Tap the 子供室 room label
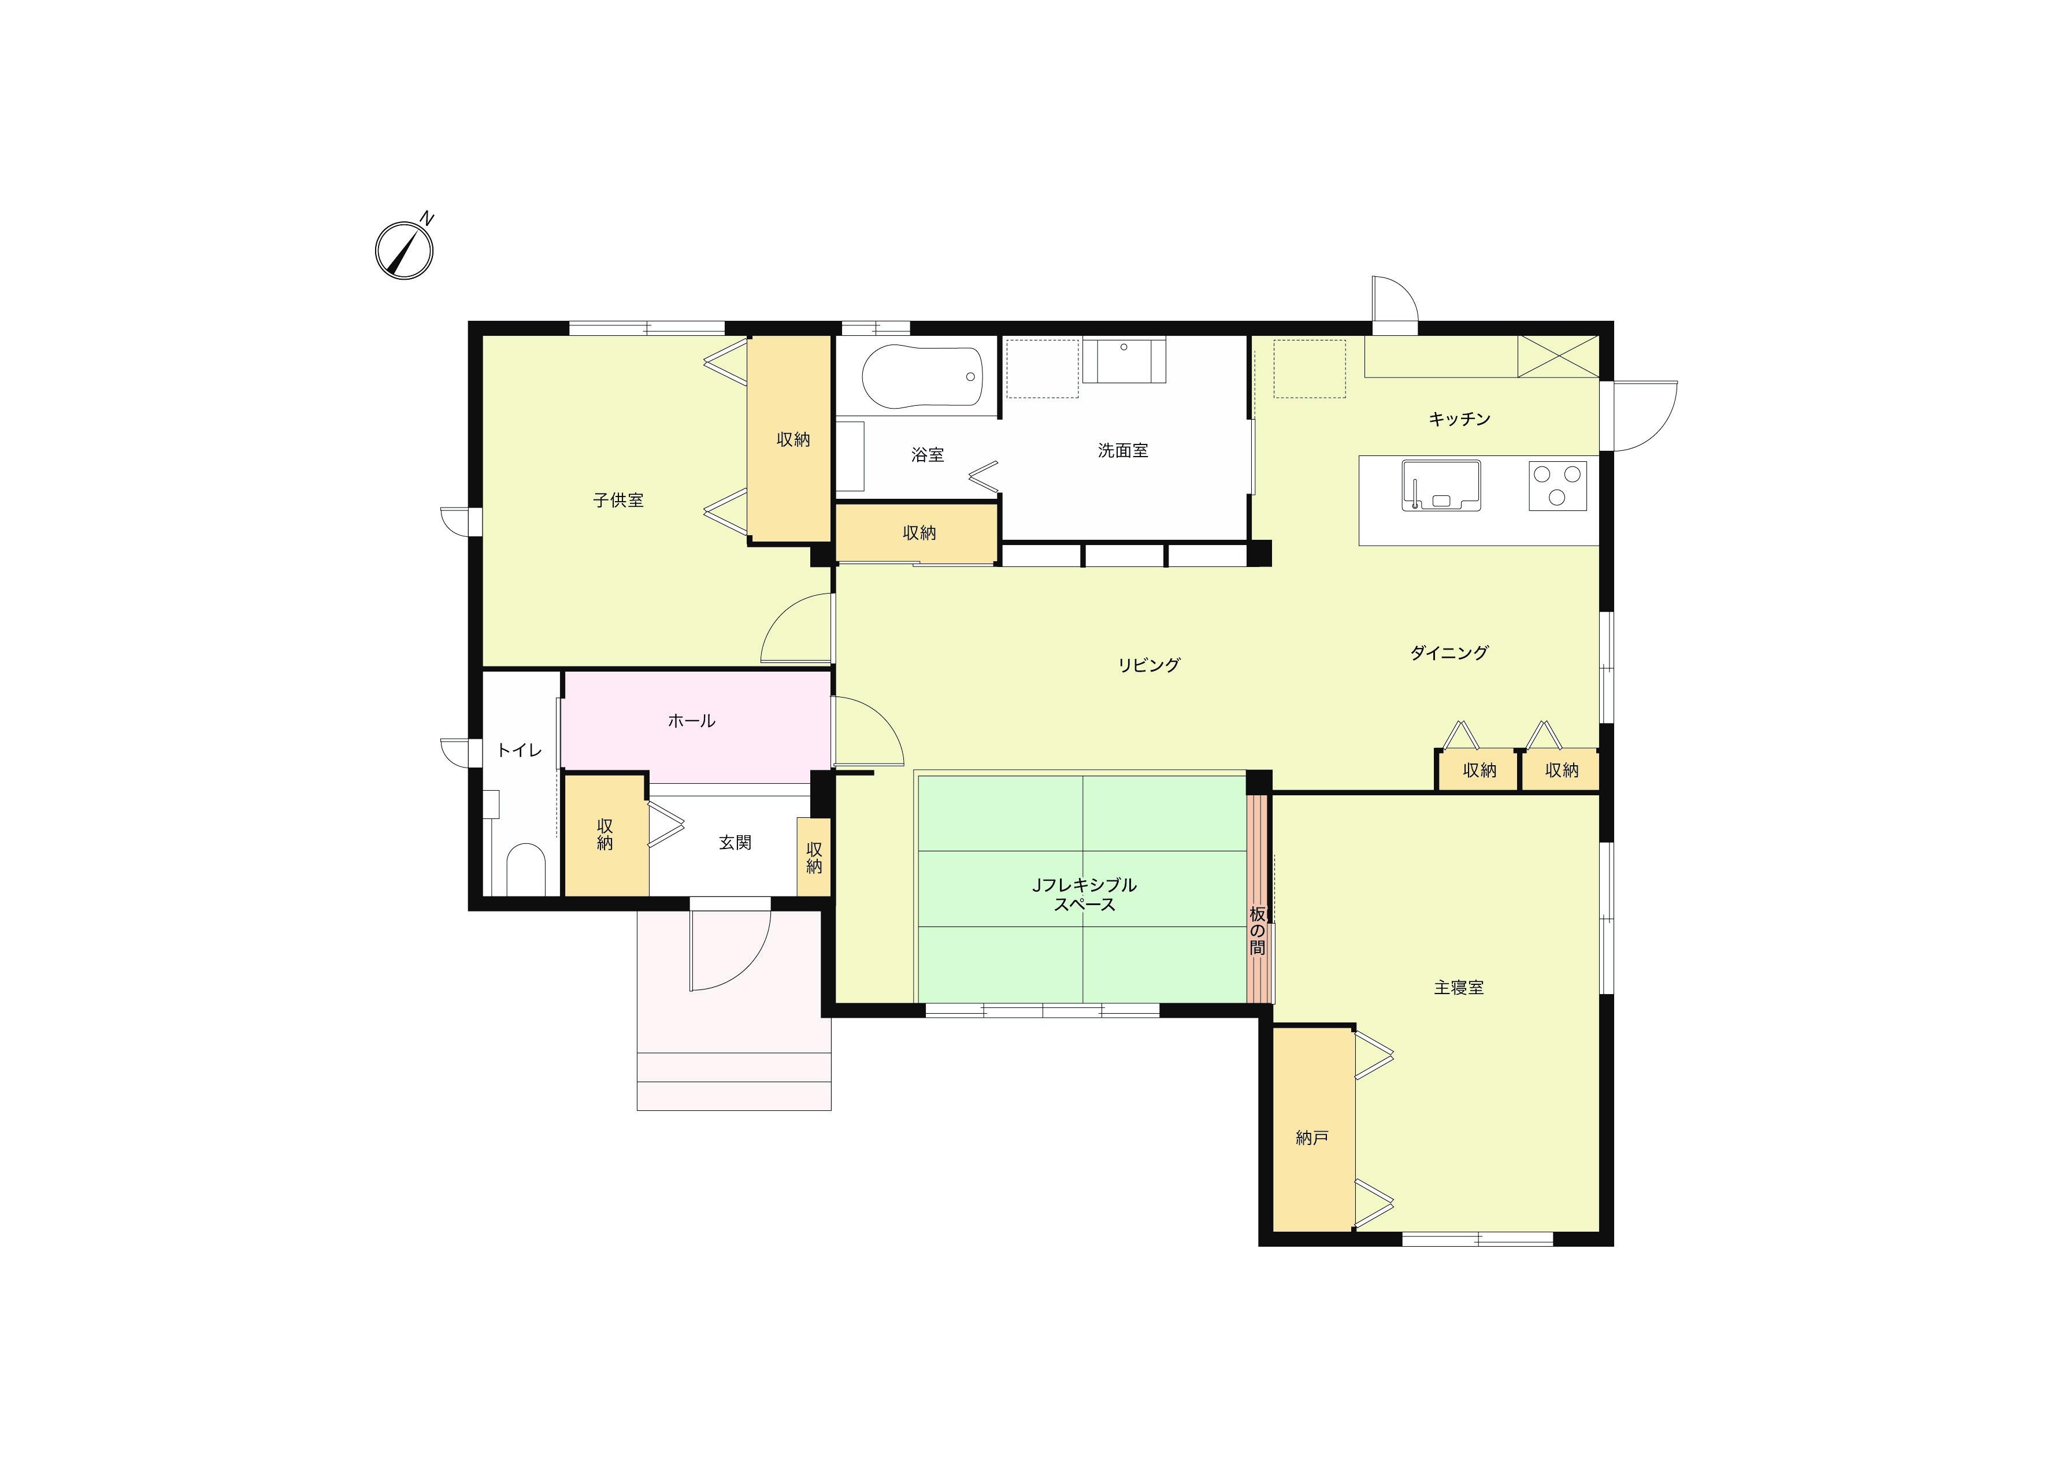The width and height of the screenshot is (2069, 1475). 618,501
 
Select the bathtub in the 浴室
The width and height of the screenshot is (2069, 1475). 922,377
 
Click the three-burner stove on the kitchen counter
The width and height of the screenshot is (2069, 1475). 1558,485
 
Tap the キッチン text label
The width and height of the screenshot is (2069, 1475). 1459,418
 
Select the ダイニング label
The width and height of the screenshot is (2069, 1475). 1449,652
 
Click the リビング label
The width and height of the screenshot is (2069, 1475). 1149,665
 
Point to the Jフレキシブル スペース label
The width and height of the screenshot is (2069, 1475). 1084,895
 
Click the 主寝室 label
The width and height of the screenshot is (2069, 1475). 1459,987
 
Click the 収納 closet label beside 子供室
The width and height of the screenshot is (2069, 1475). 793,440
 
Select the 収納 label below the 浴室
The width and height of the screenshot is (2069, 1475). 919,533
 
